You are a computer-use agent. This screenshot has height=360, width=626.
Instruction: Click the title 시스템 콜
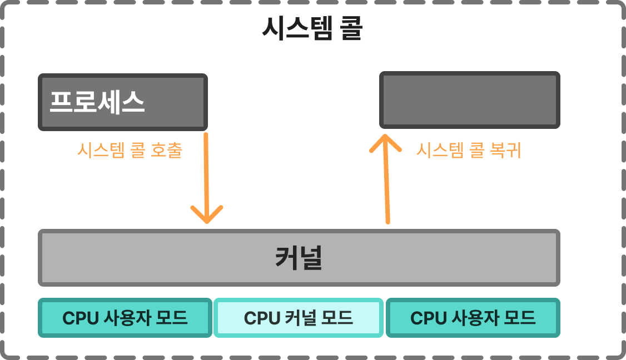click(312, 29)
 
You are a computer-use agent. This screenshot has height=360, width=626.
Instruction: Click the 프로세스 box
click(123, 102)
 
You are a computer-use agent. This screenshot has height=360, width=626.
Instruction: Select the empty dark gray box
click(469, 100)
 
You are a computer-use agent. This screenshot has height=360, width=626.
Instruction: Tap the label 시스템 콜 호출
click(130, 151)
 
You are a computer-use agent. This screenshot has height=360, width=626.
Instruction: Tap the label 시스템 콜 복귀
click(469, 151)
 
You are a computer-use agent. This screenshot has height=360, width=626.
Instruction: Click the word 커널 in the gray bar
click(299, 258)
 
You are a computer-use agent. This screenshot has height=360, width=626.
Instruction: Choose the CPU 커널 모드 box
click(299, 318)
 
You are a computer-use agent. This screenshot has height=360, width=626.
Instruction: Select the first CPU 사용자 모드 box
click(125, 318)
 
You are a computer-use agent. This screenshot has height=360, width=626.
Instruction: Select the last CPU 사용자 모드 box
click(473, 318)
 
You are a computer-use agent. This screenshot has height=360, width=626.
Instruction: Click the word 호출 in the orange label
click(166, 151)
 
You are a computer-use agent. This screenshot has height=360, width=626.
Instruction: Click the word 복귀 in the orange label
click(505, 151)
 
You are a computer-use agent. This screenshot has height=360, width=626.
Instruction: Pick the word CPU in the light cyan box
click(262, 318)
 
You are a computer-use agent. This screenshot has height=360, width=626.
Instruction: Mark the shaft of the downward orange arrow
click(206, 172)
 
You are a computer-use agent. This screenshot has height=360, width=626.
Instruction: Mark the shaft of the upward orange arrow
click(386, 183)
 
